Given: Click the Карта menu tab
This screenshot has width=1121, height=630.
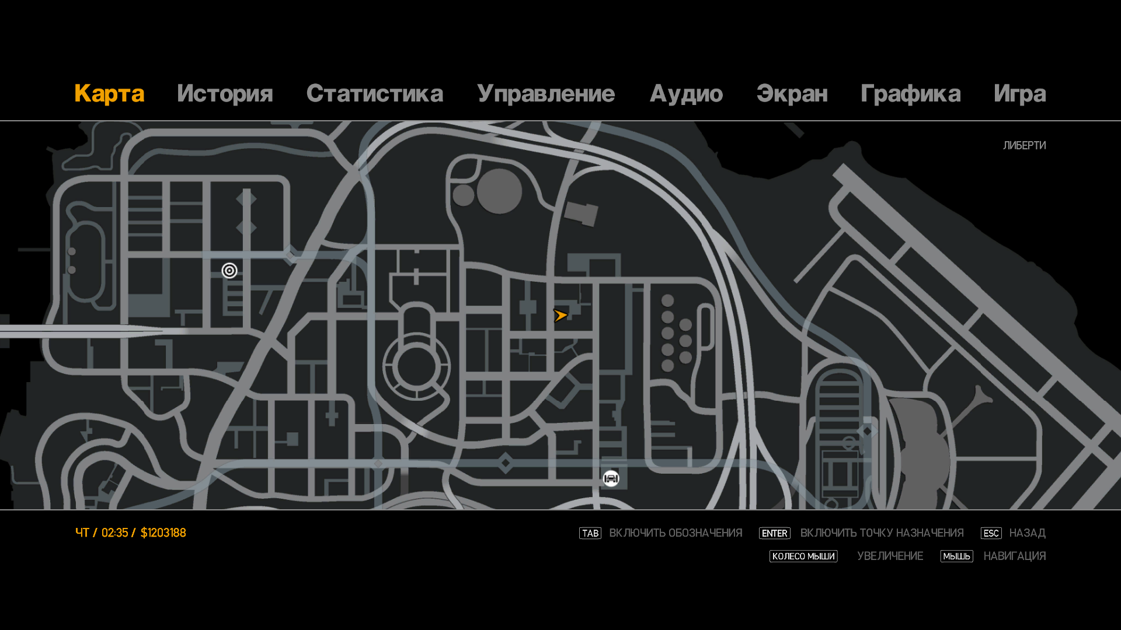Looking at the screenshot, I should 109,94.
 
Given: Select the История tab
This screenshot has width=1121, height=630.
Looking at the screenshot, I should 225,94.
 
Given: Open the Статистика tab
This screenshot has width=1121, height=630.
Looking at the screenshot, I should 374,94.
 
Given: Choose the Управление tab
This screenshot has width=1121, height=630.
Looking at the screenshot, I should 546,94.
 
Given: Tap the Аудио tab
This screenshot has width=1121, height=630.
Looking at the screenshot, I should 686,94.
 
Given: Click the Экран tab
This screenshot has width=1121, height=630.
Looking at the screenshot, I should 792,94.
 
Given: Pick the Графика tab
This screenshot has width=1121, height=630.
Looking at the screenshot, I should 910,94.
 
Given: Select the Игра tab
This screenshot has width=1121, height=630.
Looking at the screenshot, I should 1019,94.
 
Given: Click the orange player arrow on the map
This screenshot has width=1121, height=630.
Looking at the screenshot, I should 560,316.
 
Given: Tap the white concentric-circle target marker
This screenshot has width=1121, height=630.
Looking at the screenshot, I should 229,271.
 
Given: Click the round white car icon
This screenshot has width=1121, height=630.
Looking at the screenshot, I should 611,478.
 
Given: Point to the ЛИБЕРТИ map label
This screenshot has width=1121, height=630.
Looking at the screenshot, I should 1024,145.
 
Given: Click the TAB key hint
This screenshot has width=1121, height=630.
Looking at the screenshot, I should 590,533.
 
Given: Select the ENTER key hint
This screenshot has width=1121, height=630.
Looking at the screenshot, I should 774,533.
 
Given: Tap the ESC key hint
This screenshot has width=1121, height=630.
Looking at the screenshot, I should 991,533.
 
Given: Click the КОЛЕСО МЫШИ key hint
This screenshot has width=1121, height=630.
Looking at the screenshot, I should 803,556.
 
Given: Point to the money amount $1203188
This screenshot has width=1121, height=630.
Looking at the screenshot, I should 163,533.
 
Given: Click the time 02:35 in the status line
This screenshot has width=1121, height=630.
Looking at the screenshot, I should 114,533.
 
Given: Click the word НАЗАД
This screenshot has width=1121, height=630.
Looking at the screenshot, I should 1027,533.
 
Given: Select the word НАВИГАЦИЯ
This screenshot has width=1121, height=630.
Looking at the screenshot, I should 1014,556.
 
